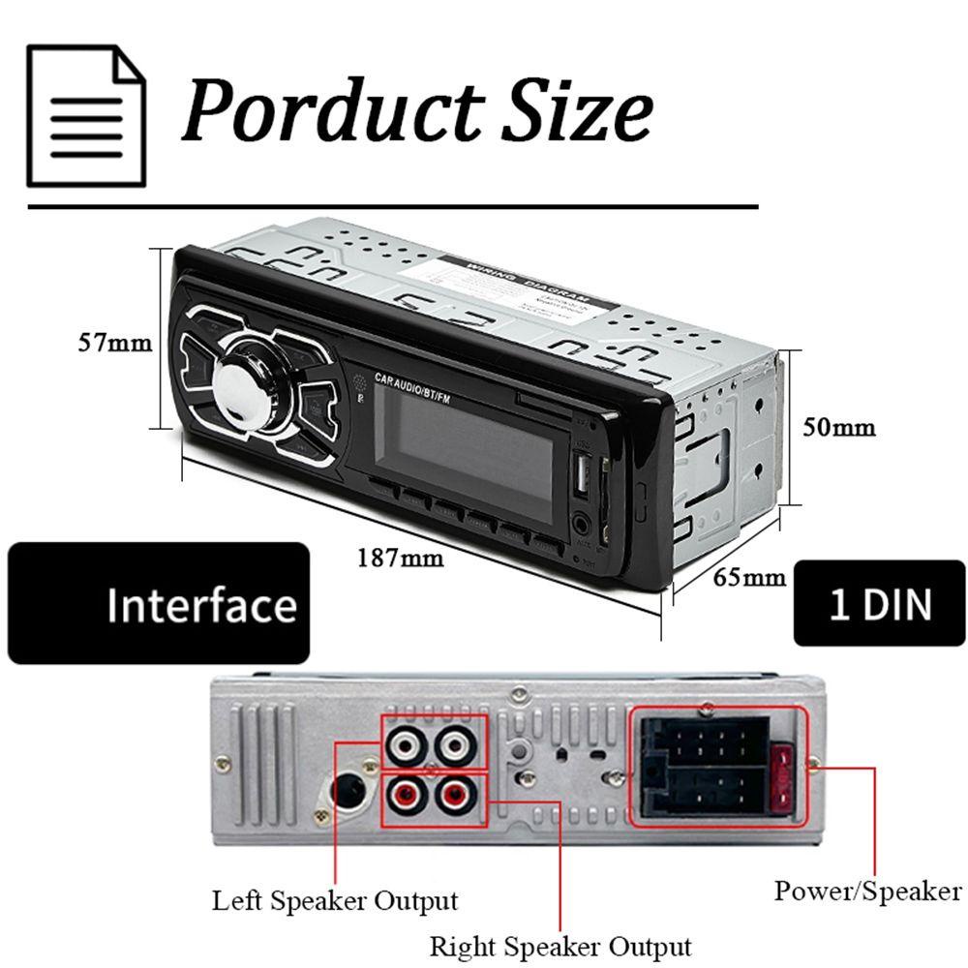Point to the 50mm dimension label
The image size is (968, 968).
click(x=839, y=426)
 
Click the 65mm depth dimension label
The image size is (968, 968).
click(x=749, y=578)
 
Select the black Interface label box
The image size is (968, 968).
click(x=159, y=603)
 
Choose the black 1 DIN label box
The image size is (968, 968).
click(x=879, y=602)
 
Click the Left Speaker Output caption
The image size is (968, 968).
click(x=335, y=901)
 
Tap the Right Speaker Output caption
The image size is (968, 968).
click(x=560, y=946)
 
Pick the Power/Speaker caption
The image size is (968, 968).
click(x=867, y=891)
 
